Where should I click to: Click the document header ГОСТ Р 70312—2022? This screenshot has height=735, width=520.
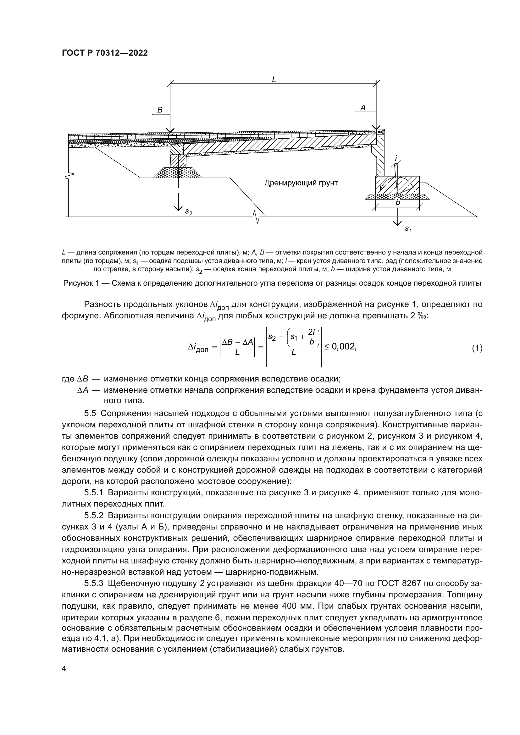pos(105,53)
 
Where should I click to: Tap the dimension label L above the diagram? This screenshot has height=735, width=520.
pos(274,80)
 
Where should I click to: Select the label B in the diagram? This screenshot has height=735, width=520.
pos(160,110)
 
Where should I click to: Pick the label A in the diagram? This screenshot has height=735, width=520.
pos(363,108)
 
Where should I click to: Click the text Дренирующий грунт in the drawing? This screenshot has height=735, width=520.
pos(301,183)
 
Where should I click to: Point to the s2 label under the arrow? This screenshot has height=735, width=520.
pos(189,212)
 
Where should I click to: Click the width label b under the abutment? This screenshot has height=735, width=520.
pos(398,203)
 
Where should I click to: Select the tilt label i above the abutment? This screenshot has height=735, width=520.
pos(396,158)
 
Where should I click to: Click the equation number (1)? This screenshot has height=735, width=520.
pos(477,348)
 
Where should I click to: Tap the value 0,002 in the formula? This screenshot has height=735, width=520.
pos(344,346)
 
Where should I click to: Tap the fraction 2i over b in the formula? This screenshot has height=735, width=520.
pos(311,338)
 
